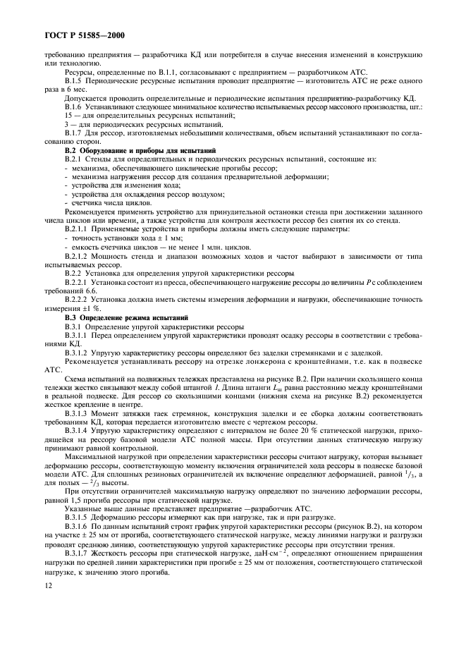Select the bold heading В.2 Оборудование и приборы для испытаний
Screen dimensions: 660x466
136,151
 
